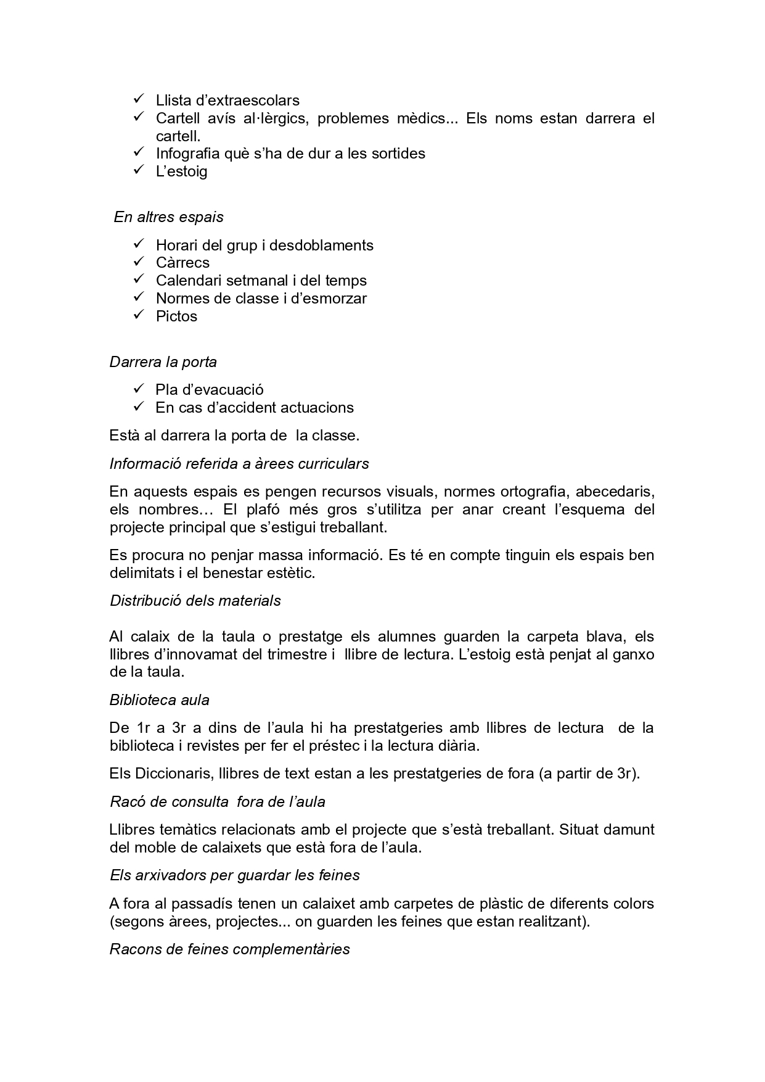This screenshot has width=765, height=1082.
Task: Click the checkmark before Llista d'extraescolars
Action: (x=138, y=99)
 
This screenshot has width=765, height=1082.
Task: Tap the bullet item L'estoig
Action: (x=181, y=171)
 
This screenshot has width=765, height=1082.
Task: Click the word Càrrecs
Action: (x=182, y=263)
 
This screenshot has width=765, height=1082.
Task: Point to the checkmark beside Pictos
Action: (x=138, y=315)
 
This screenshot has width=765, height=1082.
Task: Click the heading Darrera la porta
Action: (x=163, y=361)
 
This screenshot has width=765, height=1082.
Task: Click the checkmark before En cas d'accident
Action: (x=138, y=407)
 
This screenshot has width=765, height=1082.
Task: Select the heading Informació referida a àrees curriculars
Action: (x=239, y=463)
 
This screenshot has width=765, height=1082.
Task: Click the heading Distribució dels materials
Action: (x=195, y=600)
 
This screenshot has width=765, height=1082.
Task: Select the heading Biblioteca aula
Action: (x=159, y=700)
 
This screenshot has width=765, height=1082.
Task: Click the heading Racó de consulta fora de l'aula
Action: (x=217, y=801)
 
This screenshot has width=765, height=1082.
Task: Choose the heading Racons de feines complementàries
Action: (x=229, y=949)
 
